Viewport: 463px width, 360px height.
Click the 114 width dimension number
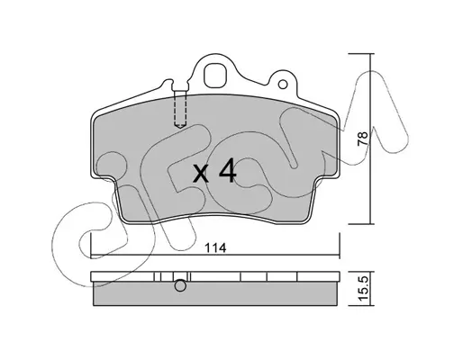(215, 247)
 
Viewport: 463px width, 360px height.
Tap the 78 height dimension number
(363, 139)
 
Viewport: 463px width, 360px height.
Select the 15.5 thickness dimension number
(363, 288)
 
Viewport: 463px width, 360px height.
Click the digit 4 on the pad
(227, 171)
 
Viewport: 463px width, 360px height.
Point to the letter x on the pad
(201, 174)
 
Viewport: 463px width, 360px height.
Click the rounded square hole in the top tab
(215, 76)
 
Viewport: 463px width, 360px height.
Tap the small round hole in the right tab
(283, 85)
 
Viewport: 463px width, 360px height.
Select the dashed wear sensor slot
(180, 109)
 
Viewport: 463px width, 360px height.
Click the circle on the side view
(180, 285)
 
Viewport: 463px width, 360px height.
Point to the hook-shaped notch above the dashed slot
(168, 83)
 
